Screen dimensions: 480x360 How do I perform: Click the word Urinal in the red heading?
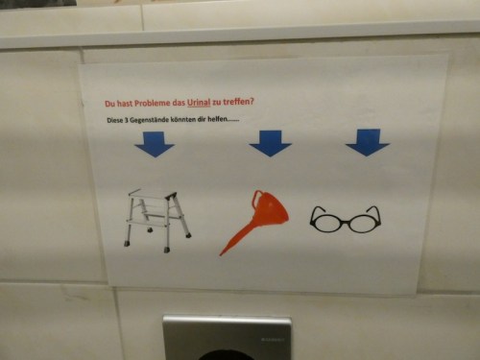pos(199,103)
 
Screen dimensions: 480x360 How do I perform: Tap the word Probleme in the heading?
pos(153,103)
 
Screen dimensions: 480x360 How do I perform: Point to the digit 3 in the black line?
pos(126,121)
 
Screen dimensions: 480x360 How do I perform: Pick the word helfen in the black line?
pos(217,119)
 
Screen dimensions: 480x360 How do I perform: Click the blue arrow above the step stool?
pos(155,144)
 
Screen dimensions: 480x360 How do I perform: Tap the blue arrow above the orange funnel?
pos(271,143)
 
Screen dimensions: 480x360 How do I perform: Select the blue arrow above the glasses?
pos(368,142)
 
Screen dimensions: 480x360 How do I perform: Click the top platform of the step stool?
pos(152,193)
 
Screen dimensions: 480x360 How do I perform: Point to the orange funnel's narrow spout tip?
pos(221,254)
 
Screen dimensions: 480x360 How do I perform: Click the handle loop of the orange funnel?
pos(257,199)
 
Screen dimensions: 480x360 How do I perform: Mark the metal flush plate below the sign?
pos(227,337)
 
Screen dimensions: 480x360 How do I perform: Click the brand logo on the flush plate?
pos(273,339)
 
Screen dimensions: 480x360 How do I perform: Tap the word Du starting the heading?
pos(109,104)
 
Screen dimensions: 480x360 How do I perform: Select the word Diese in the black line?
pos(114,121)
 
